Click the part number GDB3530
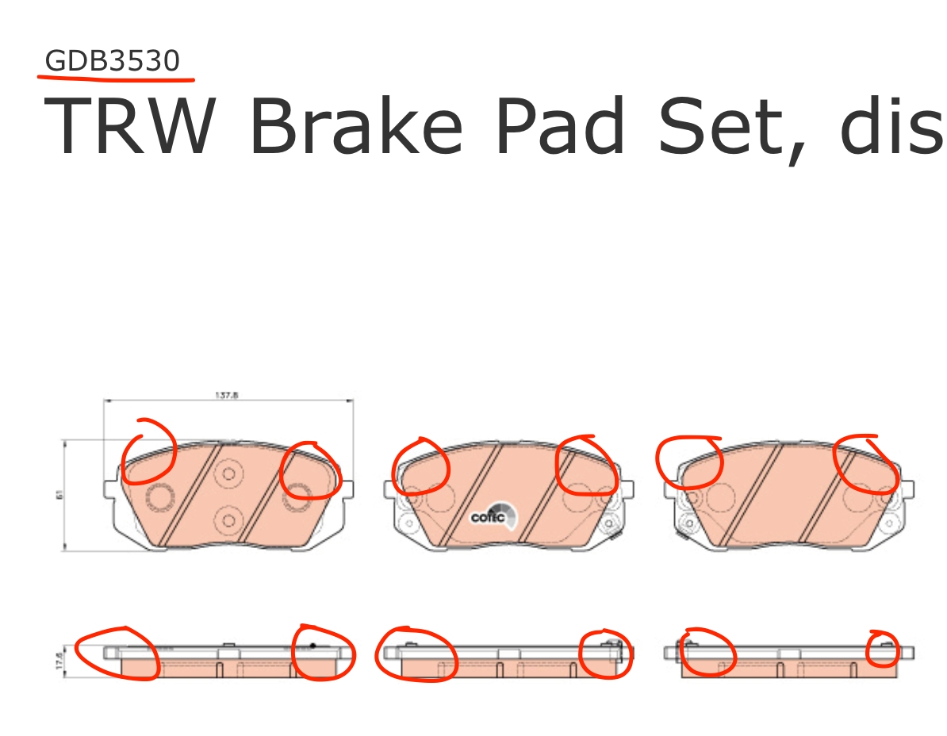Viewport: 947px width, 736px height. click(113, 61)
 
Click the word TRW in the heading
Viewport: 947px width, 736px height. click(132, 127)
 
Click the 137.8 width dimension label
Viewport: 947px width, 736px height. click(226, 394)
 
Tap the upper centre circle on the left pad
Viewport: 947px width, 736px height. click(228, 474)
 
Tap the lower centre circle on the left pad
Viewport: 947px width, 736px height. click(228, 519)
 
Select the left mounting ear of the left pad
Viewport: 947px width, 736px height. click(111, 486)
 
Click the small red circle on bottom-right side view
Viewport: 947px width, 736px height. click(884, 648)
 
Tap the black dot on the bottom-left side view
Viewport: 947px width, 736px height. click(312, 645)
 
